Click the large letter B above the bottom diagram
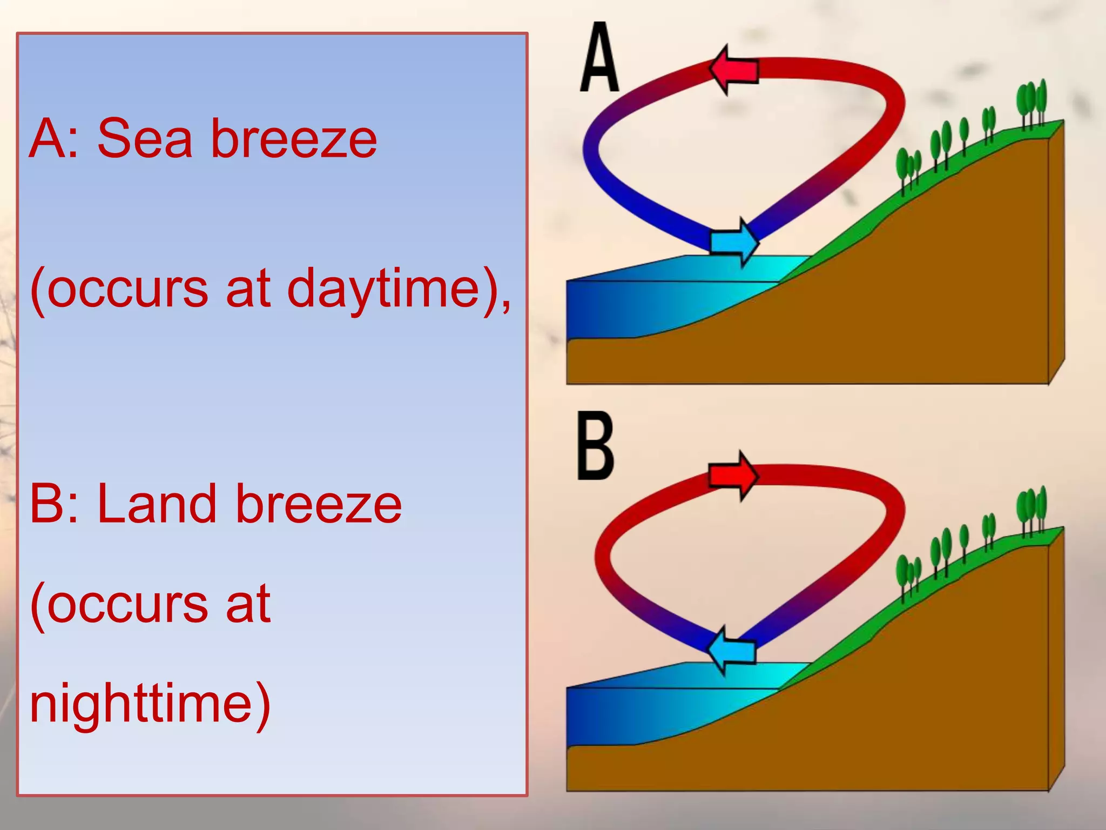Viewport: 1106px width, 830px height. click(595, 446)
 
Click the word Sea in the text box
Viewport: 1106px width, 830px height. click(145, 139)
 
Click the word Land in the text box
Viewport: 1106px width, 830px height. click(157, 504)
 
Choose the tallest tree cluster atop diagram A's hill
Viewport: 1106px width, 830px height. click(1031, 103)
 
